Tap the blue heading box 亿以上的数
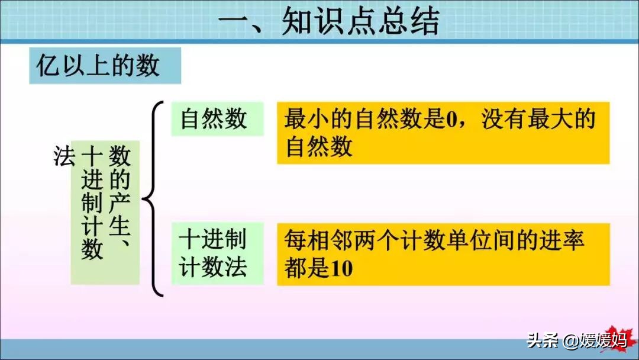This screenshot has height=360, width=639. pyautogui.click(x=105, y=66)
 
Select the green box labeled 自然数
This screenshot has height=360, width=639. pyautogui.click(x=217, y=118)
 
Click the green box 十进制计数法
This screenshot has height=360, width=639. pyautogui.click(x=217, y=253)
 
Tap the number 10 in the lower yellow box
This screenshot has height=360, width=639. pyautogui.click(x=341, y=269)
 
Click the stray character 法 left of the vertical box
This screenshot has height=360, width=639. pyautogui.click(x=64, y=156)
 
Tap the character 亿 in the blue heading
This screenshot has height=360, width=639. pyautogui.click(x=49, y=66)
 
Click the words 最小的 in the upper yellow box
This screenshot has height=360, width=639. pyautogui.click(x=319, y=119)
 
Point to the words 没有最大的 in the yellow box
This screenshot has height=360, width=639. pyautogui.click(x=538, y=119)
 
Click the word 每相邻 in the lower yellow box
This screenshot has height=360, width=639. pyautogui.click(x=319, y=240)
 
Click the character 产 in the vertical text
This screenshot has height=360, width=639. pyautogui.click(x=120, y=202)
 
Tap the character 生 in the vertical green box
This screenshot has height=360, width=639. pyautogui.click(x=120, y=226)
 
